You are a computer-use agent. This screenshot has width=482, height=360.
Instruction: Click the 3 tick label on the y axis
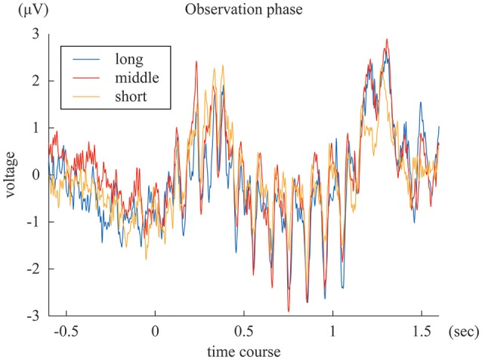point(34,34)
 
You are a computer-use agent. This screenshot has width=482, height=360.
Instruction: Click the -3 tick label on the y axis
point(32,315)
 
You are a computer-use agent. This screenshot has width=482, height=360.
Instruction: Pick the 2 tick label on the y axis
point(34,81)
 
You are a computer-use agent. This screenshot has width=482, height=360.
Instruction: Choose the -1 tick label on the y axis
point(32,222)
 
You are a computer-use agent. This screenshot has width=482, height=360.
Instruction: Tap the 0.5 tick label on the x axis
point(243,331)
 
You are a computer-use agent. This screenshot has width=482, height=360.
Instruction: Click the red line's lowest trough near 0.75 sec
point(288,311)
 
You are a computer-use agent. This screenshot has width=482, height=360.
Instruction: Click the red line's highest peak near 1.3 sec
point(387,39)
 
